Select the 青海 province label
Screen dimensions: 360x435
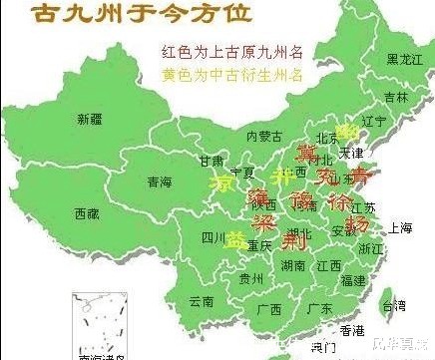coord(159,182)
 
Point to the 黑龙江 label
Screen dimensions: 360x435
coord(404,61)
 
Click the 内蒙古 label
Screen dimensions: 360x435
coord(264,135)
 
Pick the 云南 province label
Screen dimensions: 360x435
coord(202,300)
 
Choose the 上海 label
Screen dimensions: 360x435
coord(401,227)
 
